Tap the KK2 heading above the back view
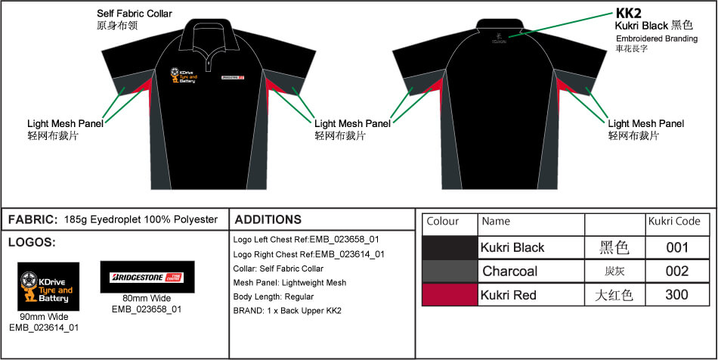tap(629, 13)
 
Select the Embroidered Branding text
tap(657, 38)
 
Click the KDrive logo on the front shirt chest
tap(183, 76)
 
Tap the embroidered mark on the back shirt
tap(499, 37)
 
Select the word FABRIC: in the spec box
tap(32, 220)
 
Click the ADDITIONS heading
tap(268, 220)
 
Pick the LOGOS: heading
tap(31, 244)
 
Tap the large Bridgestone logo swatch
tap(147, 277)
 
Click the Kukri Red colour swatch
tap(450, 294)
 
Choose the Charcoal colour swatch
tap(450, 271)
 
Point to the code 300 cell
tap(676, 294)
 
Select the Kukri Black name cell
tap(512, 247)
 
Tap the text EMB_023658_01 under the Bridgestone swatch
tap(147, 309)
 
